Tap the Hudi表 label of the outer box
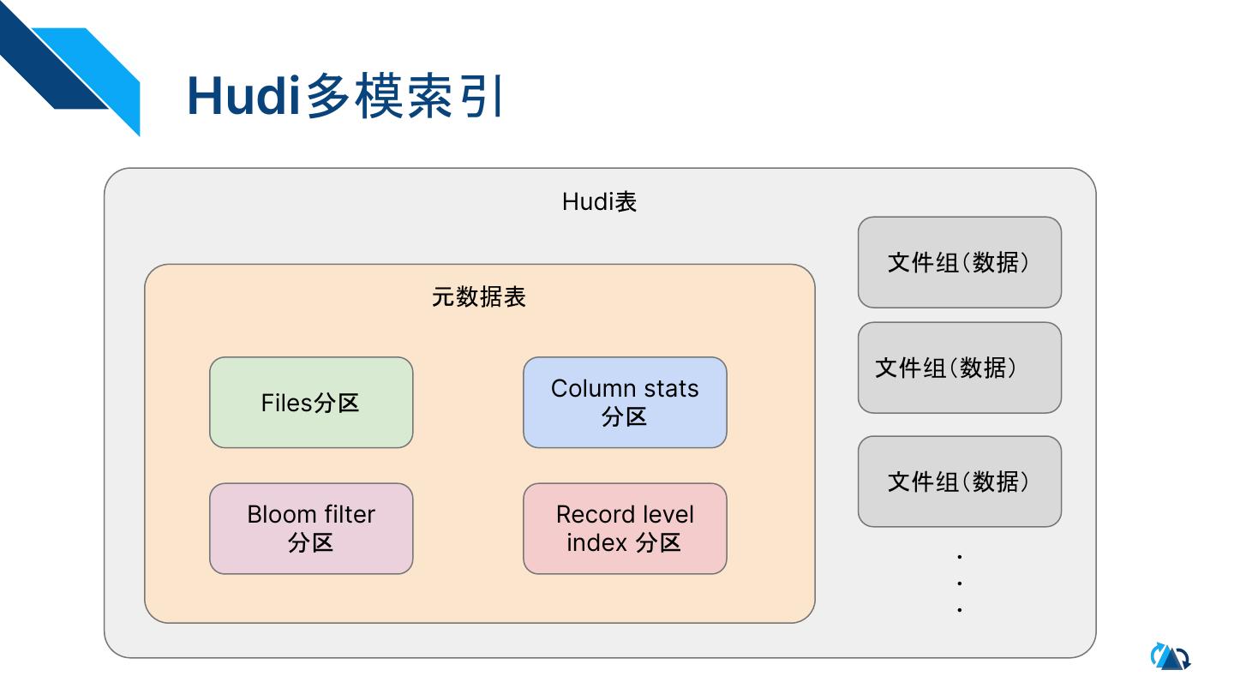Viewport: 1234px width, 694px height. click(x=599, y=202)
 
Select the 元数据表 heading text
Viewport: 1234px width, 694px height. click(x=479, y=297)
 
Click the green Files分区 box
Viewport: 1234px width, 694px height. click(x=311, y=403)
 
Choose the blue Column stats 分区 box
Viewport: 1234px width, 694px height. click(x=625, y=403)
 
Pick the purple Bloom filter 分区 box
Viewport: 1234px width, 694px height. click(x=311, y=529)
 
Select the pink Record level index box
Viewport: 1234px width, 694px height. click(x=625, y=529)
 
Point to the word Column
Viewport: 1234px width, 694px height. click(x=589, y=389)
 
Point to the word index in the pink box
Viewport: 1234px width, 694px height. click(x=596, y=543)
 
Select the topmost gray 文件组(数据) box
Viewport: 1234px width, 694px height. click(x=959, y=262)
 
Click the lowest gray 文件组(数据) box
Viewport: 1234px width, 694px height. click(x=959, y=482)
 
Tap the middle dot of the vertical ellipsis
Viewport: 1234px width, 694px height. click(x=960, y=583)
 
